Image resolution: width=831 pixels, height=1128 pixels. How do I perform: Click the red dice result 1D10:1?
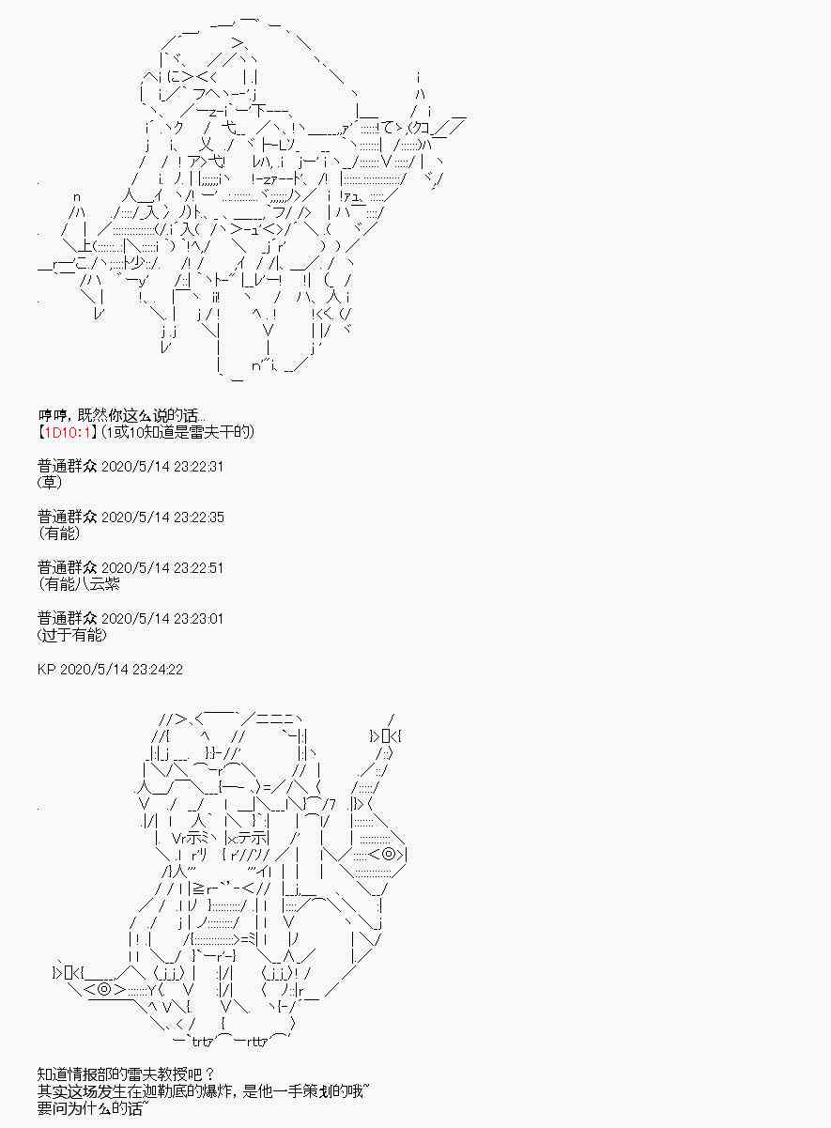[x=66, y=432]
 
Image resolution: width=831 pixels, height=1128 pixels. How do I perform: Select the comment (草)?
[x=51, y=483]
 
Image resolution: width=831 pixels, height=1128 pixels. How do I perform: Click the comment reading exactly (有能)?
[x=59, y=533]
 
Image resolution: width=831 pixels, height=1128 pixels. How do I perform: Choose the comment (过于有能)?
[x=73, y=635]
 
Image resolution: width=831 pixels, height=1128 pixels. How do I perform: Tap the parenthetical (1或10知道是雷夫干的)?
[x=177, y=432]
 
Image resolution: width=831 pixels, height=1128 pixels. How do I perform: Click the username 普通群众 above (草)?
[x=67, y=467]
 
